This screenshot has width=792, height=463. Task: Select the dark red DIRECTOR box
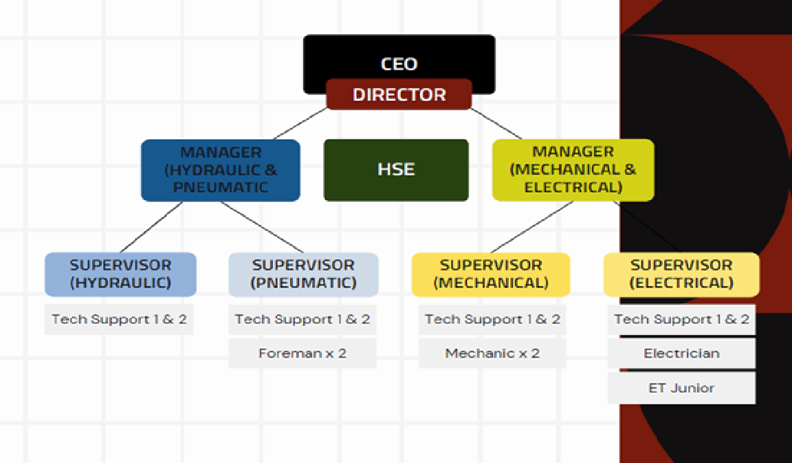pos(399,95)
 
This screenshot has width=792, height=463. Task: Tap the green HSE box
pos(396,170)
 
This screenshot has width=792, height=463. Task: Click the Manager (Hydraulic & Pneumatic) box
pos(220,170)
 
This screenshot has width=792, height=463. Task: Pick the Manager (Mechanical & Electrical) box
pos(573,170)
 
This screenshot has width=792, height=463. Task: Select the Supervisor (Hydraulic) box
pos(120,274)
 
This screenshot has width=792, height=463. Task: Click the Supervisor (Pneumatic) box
pos(303,274)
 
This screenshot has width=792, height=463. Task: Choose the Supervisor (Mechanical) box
pos(491,274)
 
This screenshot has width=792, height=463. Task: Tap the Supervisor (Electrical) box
pos(681,274)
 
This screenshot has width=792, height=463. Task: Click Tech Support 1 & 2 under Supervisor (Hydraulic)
pos(119,319)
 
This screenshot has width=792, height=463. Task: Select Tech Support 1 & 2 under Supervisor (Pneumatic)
pos(302,319)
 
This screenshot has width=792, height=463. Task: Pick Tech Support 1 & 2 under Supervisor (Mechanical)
pos(492,319)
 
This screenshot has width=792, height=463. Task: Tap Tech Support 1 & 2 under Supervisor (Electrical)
pos(681,319)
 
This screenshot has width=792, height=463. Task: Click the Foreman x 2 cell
pos(302,354)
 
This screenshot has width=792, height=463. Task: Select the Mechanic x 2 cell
pos(492,354)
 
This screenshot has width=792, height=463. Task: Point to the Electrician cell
pos(681,354)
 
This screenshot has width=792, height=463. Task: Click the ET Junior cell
pos(681,388)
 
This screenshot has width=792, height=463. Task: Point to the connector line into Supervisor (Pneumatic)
pos(261,227)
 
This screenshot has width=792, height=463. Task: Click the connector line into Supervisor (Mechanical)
pos(532,227)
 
